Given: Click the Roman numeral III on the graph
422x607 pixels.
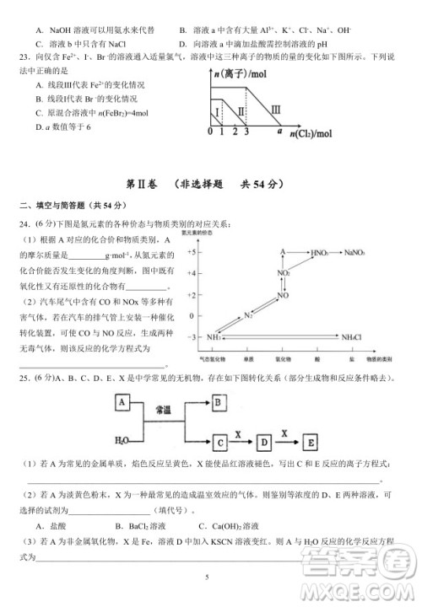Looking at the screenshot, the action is coord(275,107).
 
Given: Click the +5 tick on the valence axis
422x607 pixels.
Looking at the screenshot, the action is coord(192,252).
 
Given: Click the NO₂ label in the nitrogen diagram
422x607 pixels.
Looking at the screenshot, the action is coord(284,273).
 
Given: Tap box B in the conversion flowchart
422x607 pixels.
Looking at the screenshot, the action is coord(218,403).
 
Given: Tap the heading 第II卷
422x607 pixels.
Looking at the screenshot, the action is coord(141,183).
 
